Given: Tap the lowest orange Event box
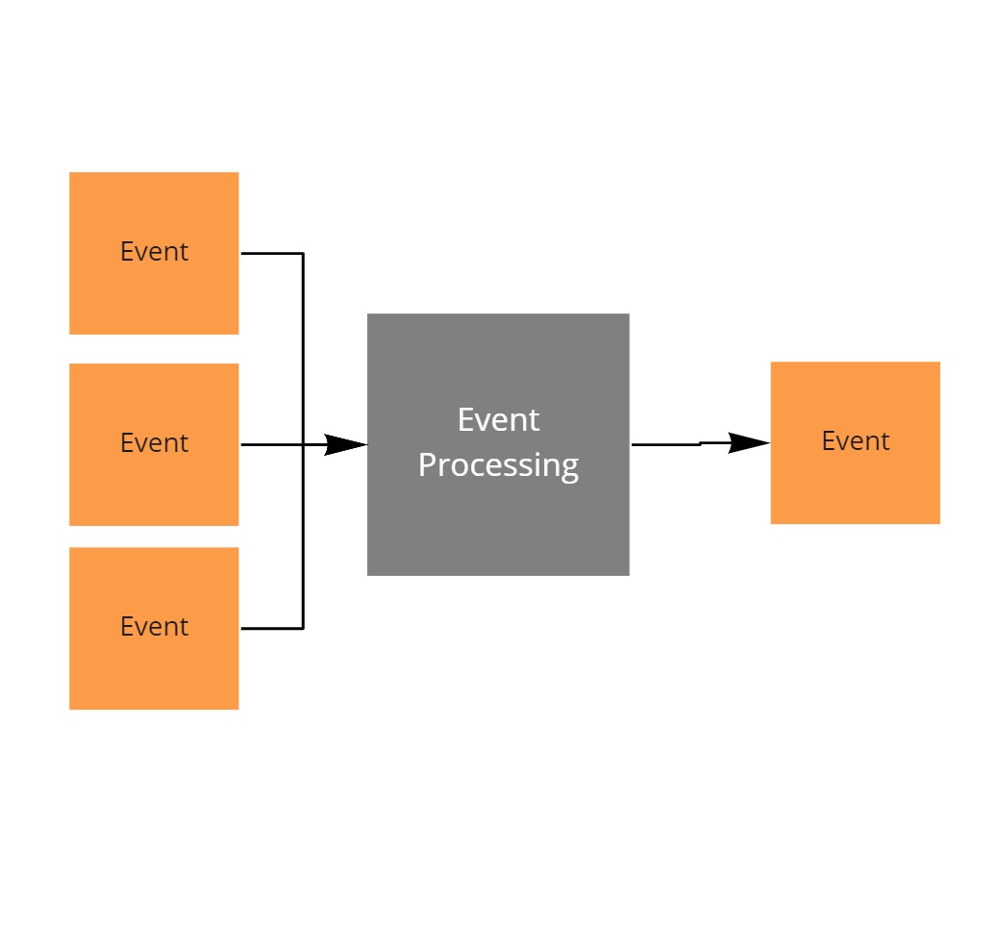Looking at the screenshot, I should click(x=154, y=673).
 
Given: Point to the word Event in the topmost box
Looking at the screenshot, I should click(x=154, y=252).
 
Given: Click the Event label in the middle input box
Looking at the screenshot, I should click(x=154, y=443).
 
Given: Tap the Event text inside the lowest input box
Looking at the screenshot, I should click(x=154, y=627).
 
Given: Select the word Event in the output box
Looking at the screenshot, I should click(x=855, y=441).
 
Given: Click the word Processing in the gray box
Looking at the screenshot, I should click(x=498, y=465).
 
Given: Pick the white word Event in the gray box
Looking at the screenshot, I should click(x=498, y=420).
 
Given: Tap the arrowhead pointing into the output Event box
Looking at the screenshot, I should click(x=750, y=442).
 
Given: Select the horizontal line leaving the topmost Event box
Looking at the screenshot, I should click(x=271, y=254).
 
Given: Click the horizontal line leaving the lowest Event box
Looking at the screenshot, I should click(x=271, y=628).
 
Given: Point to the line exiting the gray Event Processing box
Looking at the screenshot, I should click(x=665, y=444).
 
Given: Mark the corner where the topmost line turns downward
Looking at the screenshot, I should click(x=303, y=254).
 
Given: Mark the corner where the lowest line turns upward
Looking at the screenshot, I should click(x=303, y=628).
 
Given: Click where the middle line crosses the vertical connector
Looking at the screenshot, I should click(x=303, y=444).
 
